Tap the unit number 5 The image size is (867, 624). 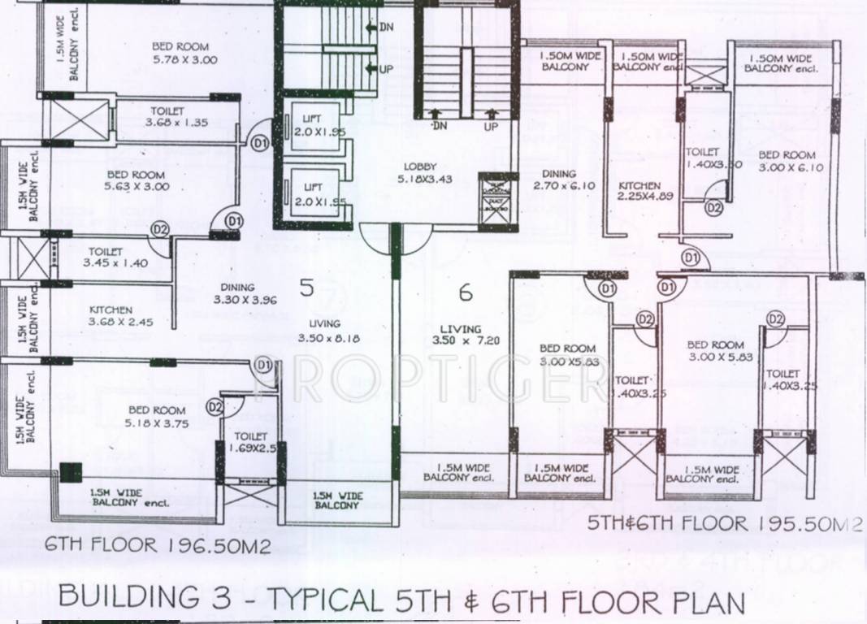coord(306,288)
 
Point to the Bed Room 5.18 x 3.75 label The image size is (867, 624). coord(155,416)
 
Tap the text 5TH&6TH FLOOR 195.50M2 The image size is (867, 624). coord(725,524)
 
